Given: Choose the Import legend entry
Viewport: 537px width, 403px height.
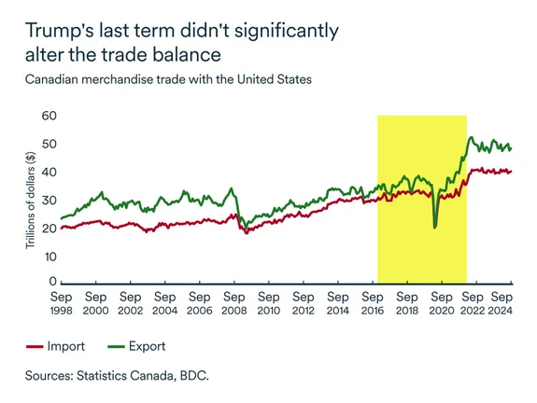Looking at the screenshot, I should (x=83, y=346).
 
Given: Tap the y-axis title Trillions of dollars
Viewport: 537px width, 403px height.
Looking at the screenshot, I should (x=30, y=199).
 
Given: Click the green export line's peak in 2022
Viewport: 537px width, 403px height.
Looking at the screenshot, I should (x=472, y=137).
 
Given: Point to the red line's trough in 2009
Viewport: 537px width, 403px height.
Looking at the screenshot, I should (x=246, y=232).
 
